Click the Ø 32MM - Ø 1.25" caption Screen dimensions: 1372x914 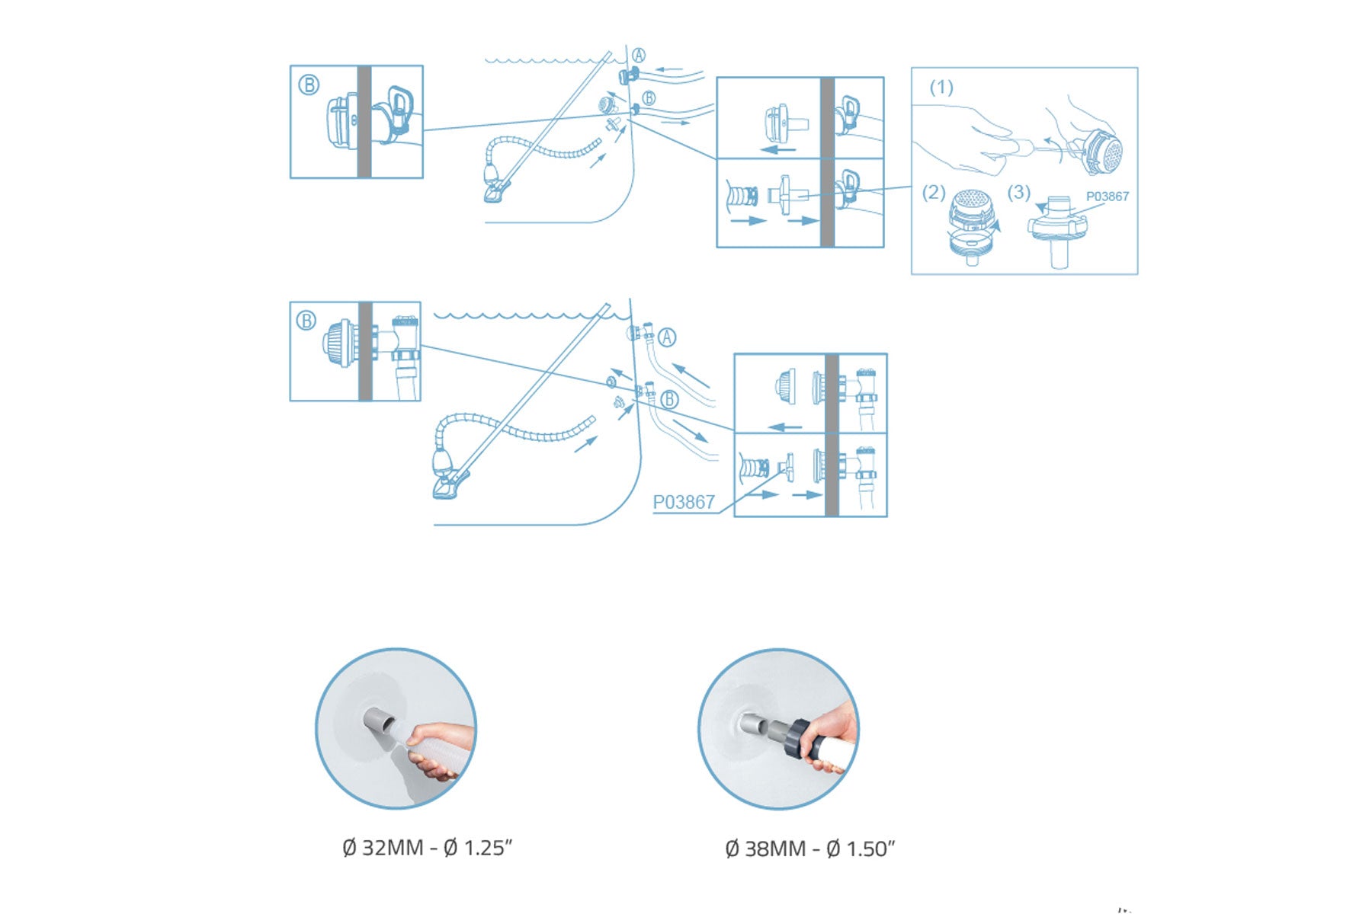coord(428,847)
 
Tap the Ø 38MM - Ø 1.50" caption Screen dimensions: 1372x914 coord(810,848)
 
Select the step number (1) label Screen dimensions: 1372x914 coord(941,88)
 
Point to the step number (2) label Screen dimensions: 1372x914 coord(934,192)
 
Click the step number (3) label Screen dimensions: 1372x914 coord(1019,192)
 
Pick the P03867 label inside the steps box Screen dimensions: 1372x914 coord(1108,196)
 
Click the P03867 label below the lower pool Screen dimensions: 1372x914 coord(684,502)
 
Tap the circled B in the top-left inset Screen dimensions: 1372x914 coord(309,85)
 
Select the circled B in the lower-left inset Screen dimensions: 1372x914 coord(306,321)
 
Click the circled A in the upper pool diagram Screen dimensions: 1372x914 coord(639,56)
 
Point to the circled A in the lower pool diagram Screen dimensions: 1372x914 coord(667,337)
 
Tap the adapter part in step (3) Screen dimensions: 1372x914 coord(1056,232)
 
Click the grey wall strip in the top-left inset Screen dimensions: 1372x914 coord(364,122)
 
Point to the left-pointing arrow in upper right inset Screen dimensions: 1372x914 coord(778,149)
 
